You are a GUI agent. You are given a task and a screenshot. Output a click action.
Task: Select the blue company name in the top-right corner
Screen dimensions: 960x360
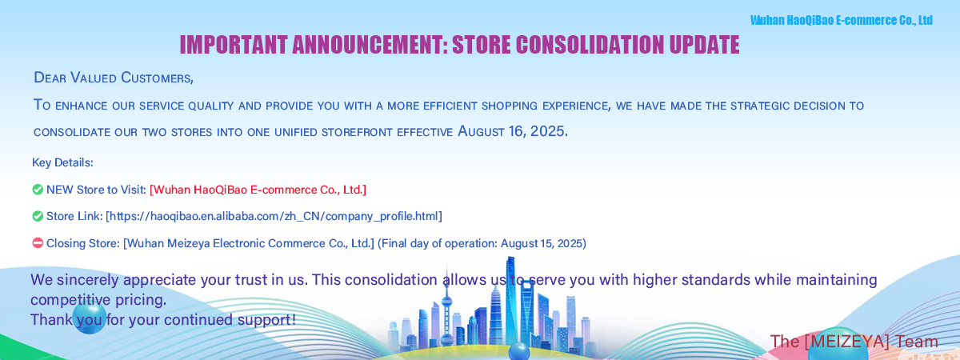point(842,20)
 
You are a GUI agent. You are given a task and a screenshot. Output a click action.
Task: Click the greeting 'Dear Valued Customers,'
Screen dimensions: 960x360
point(114,78)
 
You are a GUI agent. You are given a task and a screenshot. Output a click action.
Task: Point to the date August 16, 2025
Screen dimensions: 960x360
point(513,131)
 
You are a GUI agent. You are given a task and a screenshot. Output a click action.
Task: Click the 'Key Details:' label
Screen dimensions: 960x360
point(62,163)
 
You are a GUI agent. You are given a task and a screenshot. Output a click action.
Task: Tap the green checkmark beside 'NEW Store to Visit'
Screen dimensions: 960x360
point(38,190)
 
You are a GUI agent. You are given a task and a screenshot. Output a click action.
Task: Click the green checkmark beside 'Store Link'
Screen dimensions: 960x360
point(38,216)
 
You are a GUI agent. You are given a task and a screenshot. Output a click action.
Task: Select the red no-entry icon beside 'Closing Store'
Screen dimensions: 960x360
point(38,243)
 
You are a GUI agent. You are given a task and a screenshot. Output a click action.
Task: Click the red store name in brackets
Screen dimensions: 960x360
point(258,190)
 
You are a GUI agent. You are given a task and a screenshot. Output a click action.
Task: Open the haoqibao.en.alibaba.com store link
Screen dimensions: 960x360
point(274,216)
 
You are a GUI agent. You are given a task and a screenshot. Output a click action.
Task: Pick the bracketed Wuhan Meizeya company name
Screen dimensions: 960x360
point(249,243)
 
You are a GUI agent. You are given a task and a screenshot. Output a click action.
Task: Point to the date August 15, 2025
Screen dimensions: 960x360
point(542,243)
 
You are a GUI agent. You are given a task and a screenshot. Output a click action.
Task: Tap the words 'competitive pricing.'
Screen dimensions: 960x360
point(98,300)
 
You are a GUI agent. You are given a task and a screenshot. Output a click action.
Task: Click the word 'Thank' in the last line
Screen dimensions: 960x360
point(51,320)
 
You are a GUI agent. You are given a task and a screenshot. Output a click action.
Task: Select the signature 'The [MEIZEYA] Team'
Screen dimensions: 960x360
point(854,342)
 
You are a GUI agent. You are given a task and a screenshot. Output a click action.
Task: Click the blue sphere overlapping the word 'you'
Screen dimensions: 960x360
point(90,317)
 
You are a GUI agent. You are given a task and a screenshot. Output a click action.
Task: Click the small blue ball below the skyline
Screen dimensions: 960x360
point(519,351)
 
